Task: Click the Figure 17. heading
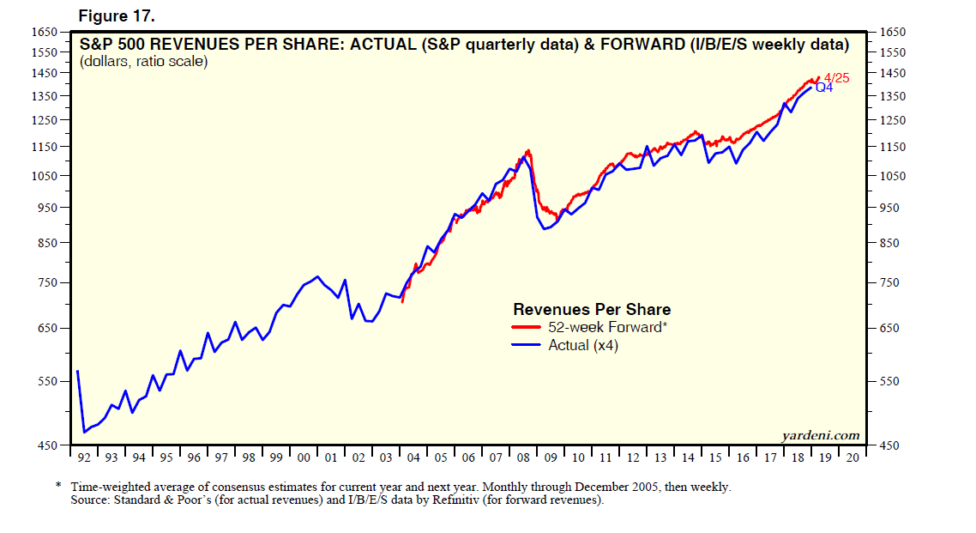pos(117,16)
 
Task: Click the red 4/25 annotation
pos(836,77)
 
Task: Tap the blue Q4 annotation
pos(822,88)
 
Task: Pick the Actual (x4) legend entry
pos(583,346)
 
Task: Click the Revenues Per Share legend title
pos(592,309)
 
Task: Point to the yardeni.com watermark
pos(821,436)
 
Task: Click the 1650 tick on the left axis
pos(45,33)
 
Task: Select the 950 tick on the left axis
pos(47,208)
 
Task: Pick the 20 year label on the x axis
pos(852,457)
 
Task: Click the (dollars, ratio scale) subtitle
pos(143,62)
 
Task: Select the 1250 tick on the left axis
pos(45,120)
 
